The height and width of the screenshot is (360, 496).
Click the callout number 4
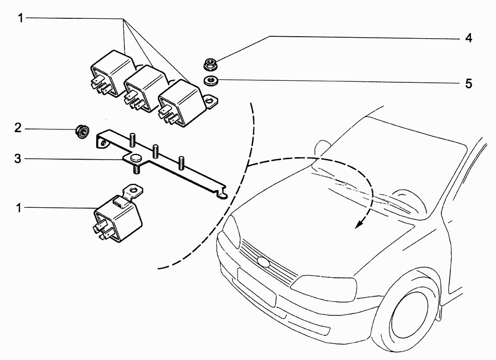click(469, 38)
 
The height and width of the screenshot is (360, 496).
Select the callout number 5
click(469, 83)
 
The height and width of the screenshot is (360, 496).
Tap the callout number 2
click(18, 128)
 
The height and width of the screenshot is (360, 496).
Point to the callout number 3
click(18, 159)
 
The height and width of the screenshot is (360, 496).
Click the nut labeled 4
click(209, 64)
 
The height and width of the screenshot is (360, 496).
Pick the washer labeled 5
click(210, 81)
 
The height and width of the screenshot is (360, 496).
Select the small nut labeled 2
click(82, 131)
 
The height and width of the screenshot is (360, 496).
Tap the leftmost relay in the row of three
click(112, 73)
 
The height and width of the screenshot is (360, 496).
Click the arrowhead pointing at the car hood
click(359, 224)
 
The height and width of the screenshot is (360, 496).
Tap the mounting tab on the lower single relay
click(133, 192)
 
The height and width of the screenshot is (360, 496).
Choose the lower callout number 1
click(19, 208)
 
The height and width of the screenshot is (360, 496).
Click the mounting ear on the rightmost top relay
click(210, 101)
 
